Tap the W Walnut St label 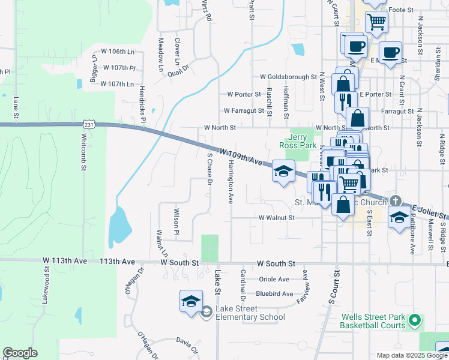276,218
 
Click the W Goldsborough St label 288,77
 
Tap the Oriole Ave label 274,279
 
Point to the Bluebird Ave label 274,293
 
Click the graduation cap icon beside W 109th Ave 283,171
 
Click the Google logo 20,353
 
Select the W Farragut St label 244,110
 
